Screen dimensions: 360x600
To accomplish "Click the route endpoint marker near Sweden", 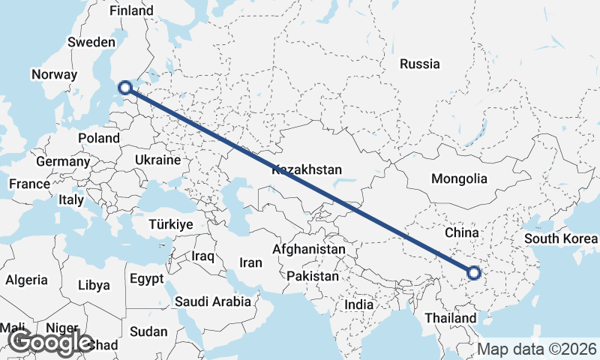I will point(126,88).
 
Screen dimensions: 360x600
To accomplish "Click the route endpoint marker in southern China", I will point(473,273).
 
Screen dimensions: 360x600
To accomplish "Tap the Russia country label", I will point(419,64).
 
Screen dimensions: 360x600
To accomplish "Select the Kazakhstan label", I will point(307,169).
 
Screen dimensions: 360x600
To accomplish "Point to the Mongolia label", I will point(459,179).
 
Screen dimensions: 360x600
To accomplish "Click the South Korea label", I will point(561,239).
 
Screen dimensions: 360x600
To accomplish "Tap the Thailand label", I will point(451,318).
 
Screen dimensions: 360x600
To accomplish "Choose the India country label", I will point(358,305).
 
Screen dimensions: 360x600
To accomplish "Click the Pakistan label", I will point(313,276).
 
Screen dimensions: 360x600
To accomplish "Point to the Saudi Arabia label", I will point(213,302).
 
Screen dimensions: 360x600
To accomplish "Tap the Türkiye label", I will point(171,225).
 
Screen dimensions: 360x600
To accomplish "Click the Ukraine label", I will point(157,160).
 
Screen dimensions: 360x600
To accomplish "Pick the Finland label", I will point(131,11).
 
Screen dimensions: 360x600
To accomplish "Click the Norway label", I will point(54,75).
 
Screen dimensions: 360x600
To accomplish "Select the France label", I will point(29,184).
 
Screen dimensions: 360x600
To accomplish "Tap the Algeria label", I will point(26,280).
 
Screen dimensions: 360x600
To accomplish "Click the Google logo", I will point(49,342).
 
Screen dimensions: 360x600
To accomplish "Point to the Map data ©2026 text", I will point(537,349).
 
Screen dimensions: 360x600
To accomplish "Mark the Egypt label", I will point(146,279).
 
